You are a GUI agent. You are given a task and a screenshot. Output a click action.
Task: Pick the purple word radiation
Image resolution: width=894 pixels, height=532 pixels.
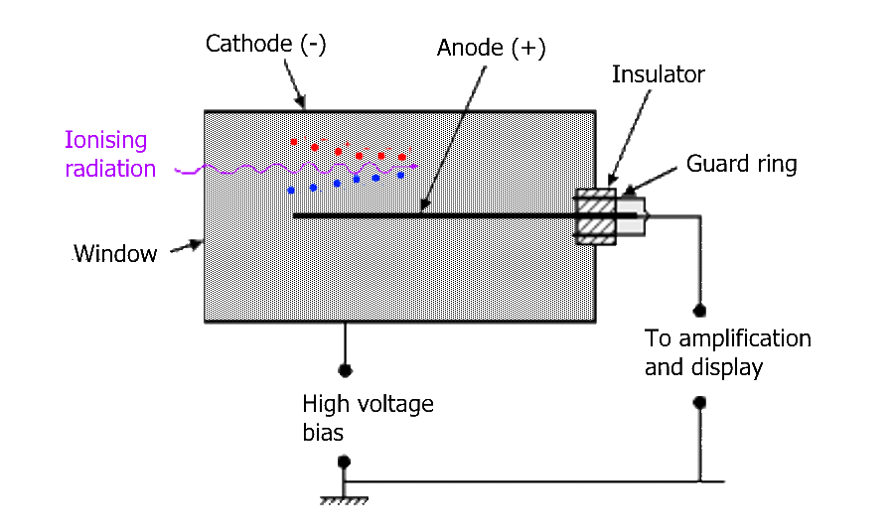click(110, 169)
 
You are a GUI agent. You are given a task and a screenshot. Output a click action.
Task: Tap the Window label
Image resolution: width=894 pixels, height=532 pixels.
click(114, 254)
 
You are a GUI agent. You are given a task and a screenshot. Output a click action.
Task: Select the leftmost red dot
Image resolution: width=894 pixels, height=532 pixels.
click(294, 142)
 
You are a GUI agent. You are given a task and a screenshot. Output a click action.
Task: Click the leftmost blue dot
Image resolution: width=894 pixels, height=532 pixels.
click(291, 190)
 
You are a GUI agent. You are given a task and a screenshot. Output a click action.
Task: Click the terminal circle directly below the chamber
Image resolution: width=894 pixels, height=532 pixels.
click(345, 370)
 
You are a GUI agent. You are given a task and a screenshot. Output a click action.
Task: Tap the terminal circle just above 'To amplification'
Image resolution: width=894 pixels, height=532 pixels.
click(699, 309)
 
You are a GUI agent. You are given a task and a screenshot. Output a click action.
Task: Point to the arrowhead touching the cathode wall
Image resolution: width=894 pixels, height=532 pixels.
click(303, 103)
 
